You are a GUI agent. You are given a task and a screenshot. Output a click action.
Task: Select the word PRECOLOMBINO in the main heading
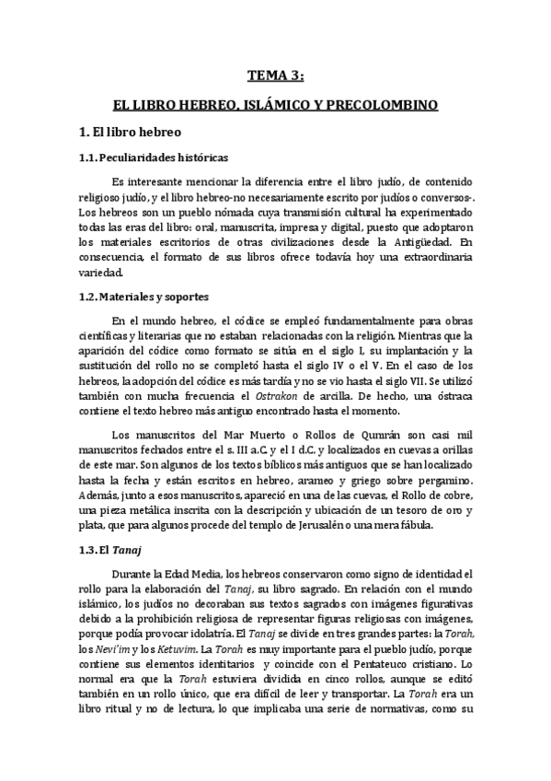tap(387, 106)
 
